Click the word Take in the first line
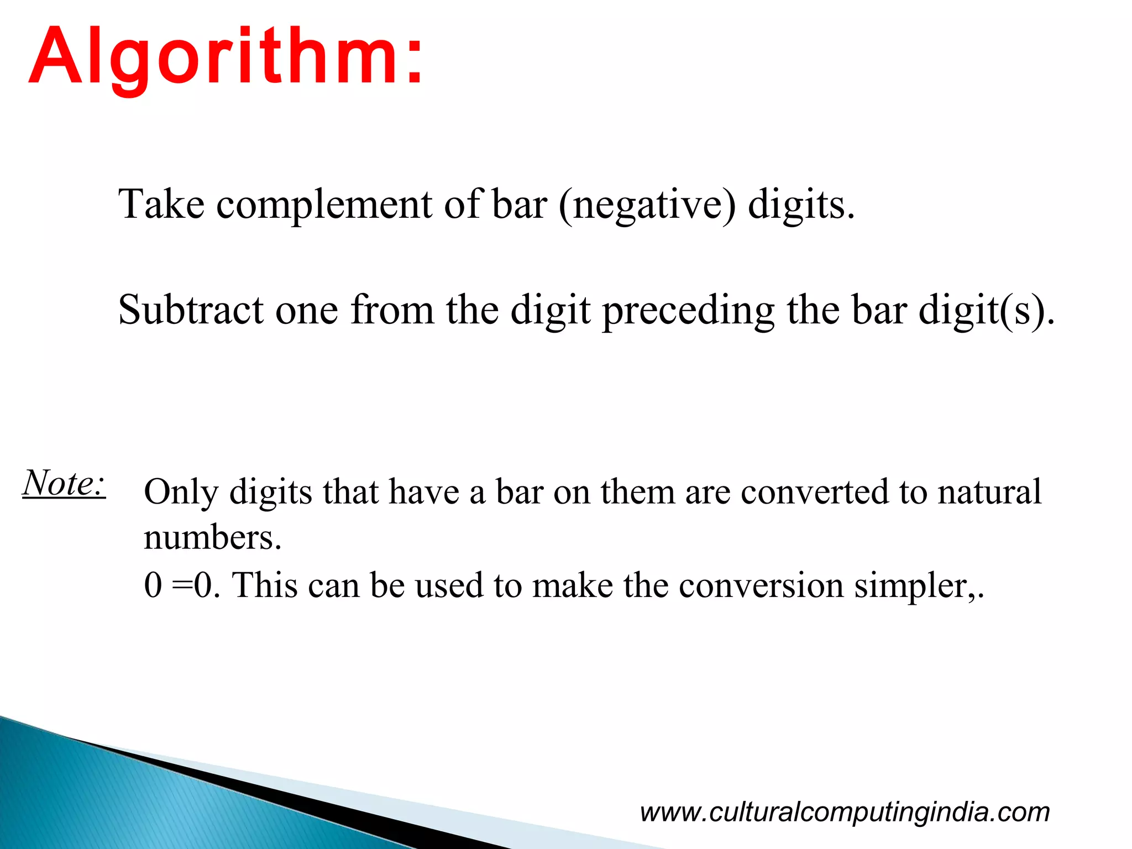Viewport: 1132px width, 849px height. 161,205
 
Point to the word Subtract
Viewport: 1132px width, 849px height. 191,310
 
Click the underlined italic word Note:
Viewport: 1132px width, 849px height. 64,483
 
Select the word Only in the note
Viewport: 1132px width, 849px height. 181,492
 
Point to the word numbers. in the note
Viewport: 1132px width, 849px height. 213,538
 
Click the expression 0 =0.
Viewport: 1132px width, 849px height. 182,585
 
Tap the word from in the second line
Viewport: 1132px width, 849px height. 392,310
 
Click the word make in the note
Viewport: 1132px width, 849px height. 573,585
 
